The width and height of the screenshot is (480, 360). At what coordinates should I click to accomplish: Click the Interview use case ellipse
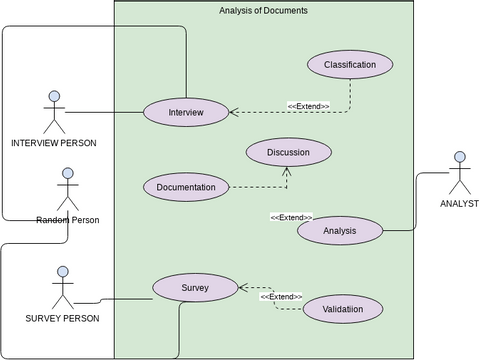[x=186, y=112]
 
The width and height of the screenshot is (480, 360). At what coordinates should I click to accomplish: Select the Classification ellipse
[x=350, y=65]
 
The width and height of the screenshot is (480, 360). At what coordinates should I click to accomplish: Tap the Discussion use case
[x=288, y=152]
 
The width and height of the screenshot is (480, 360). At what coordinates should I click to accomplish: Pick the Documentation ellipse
[x=186, y=187]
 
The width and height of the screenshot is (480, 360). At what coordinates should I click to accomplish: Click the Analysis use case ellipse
[x=340, y=231]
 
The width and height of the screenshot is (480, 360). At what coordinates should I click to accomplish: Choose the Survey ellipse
[x=195, y=288]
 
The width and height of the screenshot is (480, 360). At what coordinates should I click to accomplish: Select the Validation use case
[x=343, y=309]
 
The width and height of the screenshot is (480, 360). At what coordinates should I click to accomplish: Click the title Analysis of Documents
[x=263, y=10]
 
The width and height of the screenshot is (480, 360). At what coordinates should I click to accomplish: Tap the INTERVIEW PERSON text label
[x=54, y=143]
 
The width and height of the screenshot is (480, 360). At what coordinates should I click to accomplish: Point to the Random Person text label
[x=67, y=219]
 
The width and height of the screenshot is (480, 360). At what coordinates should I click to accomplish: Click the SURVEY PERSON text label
[x=62, y=319]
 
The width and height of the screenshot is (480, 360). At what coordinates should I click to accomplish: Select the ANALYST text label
[x=459, y=204]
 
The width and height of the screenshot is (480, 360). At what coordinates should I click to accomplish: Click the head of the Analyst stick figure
[x=460, y=157]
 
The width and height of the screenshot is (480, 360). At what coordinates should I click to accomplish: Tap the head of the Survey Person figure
[x=62, y=272]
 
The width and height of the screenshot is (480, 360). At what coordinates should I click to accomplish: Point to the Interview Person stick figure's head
[x=54, y=97]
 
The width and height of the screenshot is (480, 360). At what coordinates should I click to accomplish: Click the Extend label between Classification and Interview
[x=308, y=105]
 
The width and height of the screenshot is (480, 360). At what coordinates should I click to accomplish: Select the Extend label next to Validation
[x=281, y=297]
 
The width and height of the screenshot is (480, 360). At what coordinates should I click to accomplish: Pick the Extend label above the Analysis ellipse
[x=291, y=217]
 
